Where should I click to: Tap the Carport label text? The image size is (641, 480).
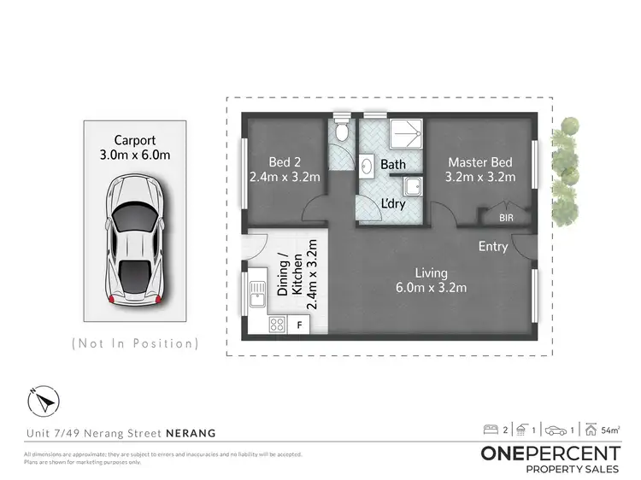[135, 148]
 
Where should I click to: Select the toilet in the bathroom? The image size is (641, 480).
[342, 132]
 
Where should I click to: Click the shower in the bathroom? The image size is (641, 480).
[407, 134]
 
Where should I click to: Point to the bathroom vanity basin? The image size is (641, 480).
[365, 166]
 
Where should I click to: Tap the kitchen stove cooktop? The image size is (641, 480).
[277, 324]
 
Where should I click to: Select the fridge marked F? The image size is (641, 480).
[299, 325]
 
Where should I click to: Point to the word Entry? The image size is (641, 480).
[493, 247]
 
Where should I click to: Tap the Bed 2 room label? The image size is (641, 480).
[285, 170]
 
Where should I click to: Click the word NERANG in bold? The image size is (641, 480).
[191, 433]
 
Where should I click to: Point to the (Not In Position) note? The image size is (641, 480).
[135, 343]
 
